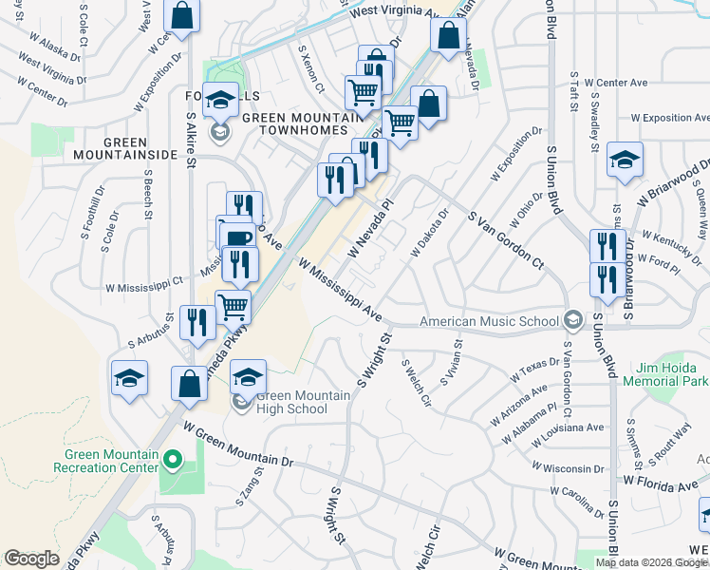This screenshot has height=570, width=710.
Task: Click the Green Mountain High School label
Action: (x=291, y=402)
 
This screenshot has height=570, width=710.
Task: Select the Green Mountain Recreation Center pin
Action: (x=172, y=461)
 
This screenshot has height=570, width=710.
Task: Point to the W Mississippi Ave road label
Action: (x=340, y=287)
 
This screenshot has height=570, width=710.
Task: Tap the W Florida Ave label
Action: (x=661, y=485)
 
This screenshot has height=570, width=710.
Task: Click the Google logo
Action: (x=31, y=558)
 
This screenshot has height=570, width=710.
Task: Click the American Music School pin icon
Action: (x=572, y=320)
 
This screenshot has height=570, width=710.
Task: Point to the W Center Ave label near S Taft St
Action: (x=615, y=83)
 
